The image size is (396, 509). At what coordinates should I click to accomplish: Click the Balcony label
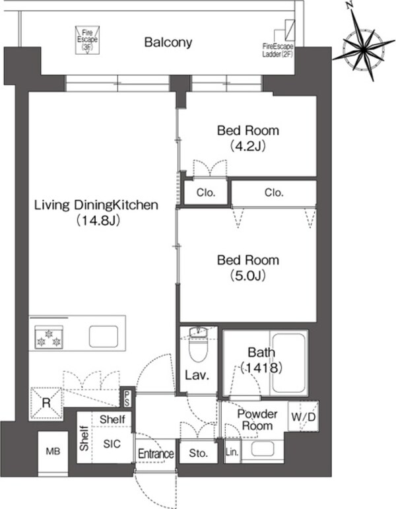click(x=168, y=42)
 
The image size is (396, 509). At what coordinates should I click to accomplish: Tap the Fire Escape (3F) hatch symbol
click(x=87, y=40)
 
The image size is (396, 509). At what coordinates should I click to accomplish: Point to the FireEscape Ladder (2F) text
click(x=277, y=50)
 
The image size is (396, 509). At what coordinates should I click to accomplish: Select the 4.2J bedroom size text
click(x=248, y=146)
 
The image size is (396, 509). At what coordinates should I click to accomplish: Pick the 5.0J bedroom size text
click(x=248, y=275)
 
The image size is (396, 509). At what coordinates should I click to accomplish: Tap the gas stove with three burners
click(x=49, y=337)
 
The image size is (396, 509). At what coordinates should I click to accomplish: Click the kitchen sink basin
click(x=104, y=337)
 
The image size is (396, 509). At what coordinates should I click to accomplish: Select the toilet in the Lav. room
click(x=198, y=345)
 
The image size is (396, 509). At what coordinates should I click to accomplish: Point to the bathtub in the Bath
click(x=288, y=362)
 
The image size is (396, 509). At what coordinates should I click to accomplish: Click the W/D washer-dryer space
click(x=304, y=417)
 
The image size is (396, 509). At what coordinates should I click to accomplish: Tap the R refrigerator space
click(x=46, y=403)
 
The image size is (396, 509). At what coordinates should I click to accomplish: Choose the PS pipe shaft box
click(x=127, y=397)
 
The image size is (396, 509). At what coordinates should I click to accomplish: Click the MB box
click(x=53, y=451)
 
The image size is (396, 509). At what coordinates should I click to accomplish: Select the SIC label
click(x=112, y=444)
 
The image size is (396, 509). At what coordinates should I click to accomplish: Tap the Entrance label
click(x=156, y=454)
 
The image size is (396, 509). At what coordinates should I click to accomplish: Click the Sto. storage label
click(x=198, y=453)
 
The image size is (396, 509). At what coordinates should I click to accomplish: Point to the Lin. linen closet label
click(x=232, y=452)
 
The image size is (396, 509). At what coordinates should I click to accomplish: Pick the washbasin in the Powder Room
click(x=263, y=450)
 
